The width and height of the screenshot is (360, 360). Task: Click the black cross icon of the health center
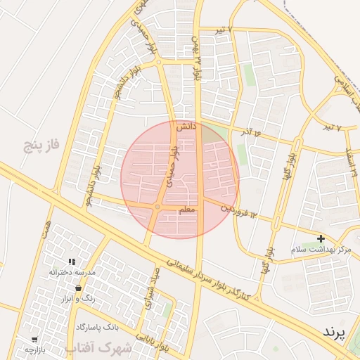tap(321, 239)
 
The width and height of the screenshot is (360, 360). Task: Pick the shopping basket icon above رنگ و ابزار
tap(77, 288)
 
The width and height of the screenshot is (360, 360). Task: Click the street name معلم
tap(188, 210)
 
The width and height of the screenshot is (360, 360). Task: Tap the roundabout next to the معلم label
tap(157, 207)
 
